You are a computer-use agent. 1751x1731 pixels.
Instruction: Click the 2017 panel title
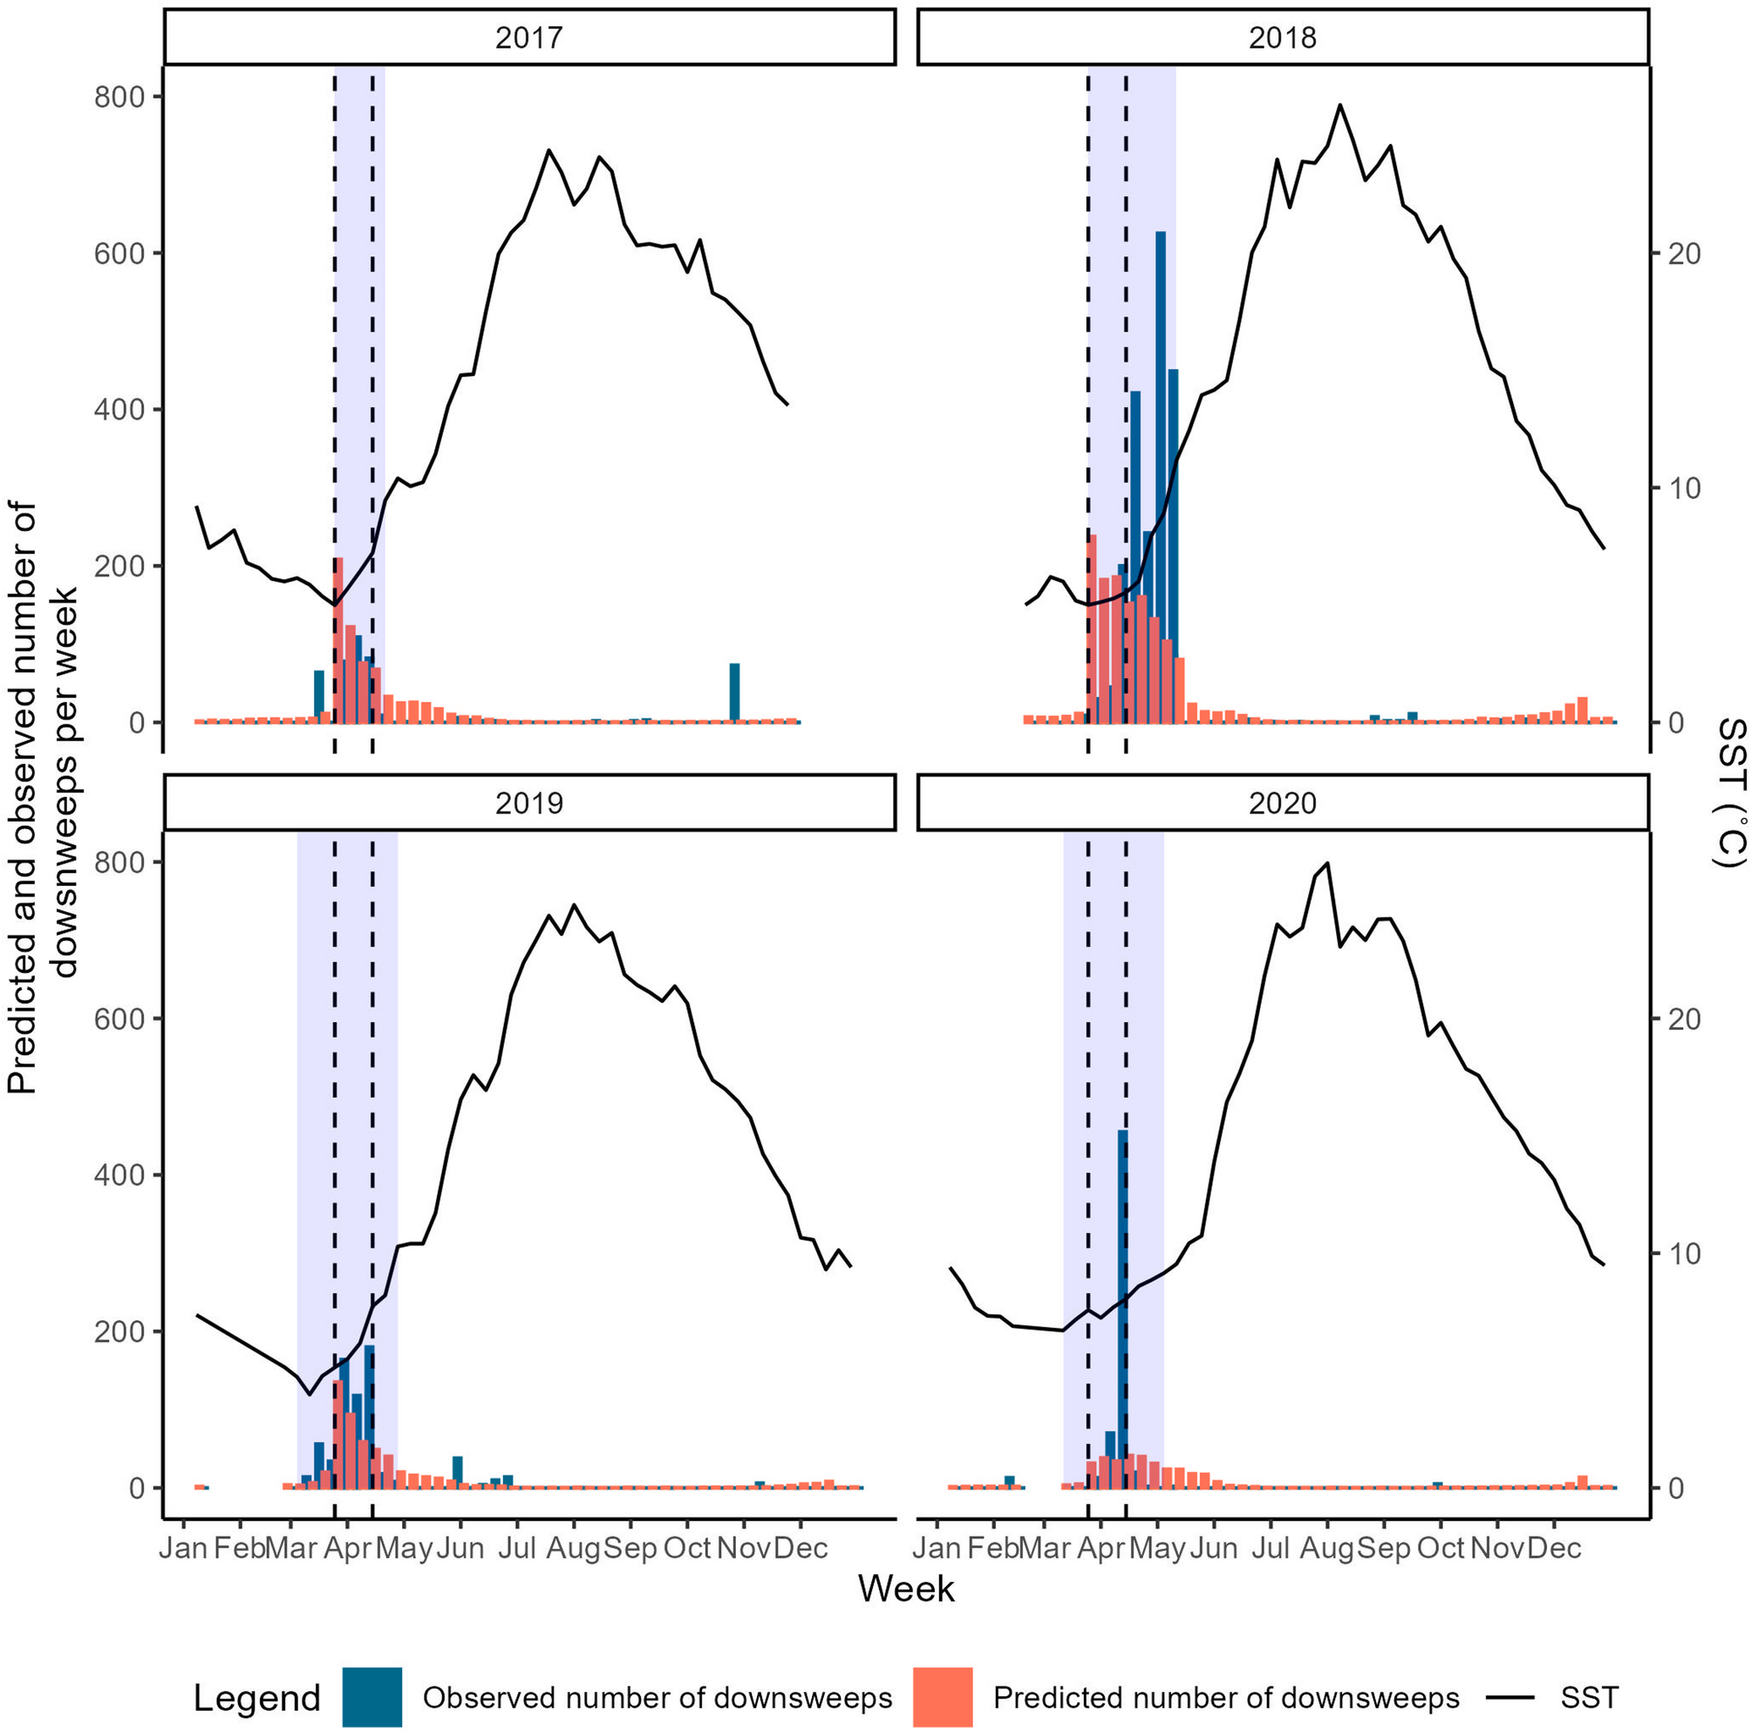click(529, 37)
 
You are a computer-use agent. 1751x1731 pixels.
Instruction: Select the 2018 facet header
click(1282, 37)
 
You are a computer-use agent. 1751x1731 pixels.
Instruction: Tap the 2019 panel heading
click(529, 803)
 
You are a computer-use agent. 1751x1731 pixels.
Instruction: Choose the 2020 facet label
click(1282, 803)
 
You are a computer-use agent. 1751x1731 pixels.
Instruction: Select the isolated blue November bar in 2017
click(734, 693)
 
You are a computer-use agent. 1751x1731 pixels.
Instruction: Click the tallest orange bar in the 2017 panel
click(337, 634)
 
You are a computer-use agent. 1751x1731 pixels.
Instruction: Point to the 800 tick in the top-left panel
click(119, 96)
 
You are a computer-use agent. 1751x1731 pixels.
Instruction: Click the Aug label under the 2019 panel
click(573, 1547)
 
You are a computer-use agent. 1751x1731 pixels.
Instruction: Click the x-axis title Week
click(905, 1589)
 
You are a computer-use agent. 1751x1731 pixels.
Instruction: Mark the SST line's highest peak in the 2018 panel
click(1339, 106)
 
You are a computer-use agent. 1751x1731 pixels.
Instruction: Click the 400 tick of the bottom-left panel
click(119, 1175)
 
